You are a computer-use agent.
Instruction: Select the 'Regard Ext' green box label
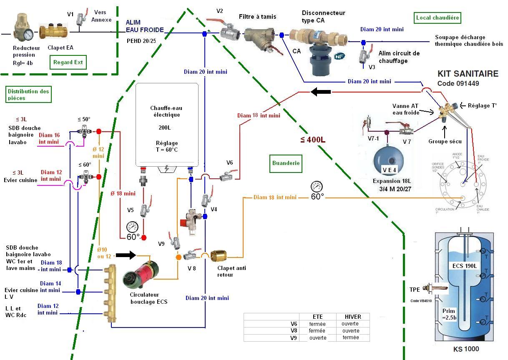coord(68,62)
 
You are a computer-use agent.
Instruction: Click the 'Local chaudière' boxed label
coord(438,17)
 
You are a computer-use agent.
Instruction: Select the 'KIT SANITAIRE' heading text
coord(468,74)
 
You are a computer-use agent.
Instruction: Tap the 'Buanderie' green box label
coord(286,163)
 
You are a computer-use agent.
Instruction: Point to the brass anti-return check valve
coord(219,256)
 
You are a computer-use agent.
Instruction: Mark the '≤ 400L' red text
coord(312,140)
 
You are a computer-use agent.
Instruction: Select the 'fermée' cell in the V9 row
coord(350,337)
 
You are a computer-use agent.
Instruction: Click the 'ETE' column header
coord(317,317)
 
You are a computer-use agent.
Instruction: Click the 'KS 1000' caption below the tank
coord(466,349)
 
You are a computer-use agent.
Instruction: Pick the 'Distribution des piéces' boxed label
coord(28,95)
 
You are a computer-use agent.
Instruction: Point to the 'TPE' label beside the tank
coord(415,290)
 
